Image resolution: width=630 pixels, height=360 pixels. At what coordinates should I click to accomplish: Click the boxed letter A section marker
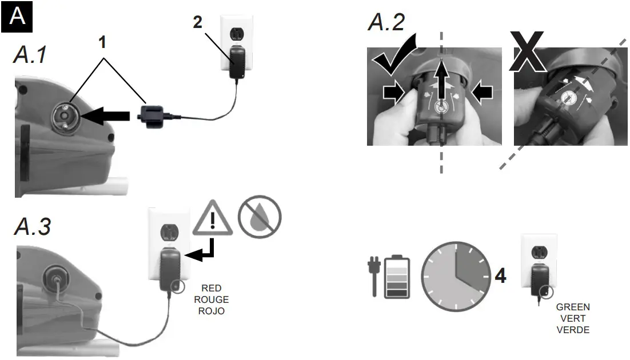tap(18, 16)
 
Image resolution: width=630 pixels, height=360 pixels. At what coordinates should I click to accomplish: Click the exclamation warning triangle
tap(212, 219)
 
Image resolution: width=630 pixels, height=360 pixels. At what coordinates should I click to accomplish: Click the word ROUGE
tap(211, 299)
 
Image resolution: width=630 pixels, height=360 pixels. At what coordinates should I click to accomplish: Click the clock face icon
tap(456, 276)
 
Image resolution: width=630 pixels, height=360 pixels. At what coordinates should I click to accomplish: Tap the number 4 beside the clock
tap(500, 276)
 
